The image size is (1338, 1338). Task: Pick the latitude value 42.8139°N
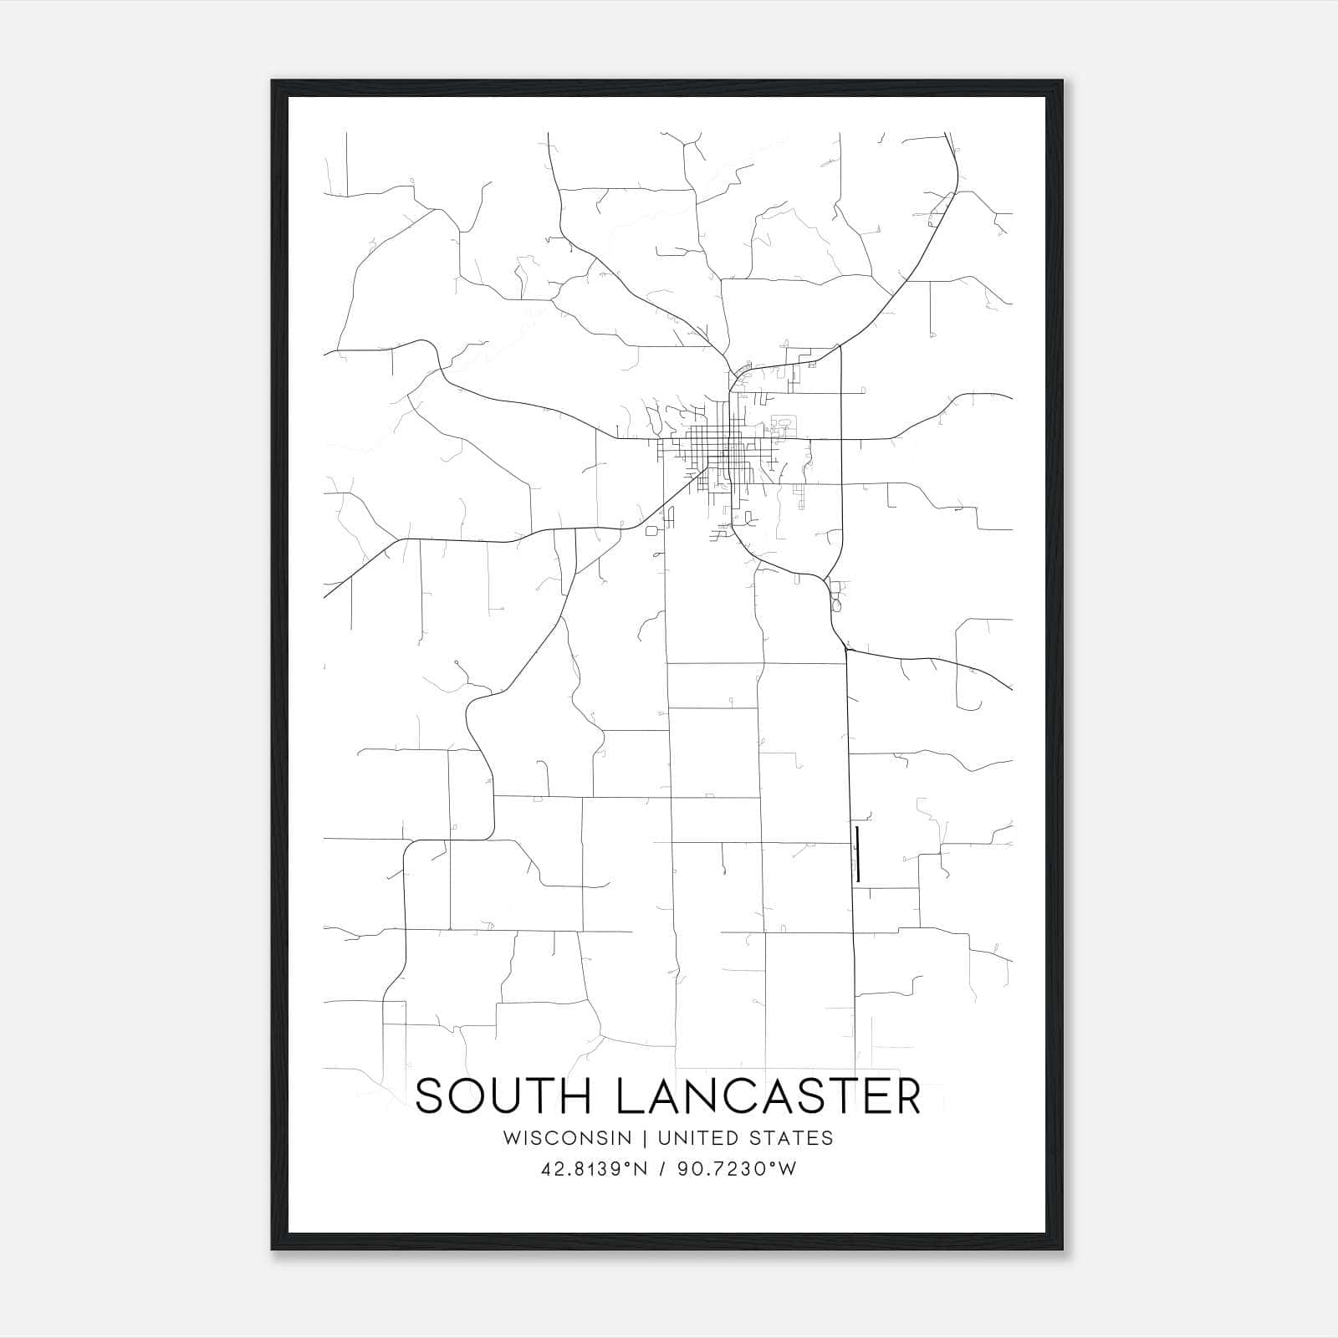(x=594, y=1169)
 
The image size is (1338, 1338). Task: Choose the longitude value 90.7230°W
(x=737, y=1169)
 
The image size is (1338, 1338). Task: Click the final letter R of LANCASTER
(x=906, y=1096)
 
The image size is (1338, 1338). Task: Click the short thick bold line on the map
(x=858, y=854)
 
